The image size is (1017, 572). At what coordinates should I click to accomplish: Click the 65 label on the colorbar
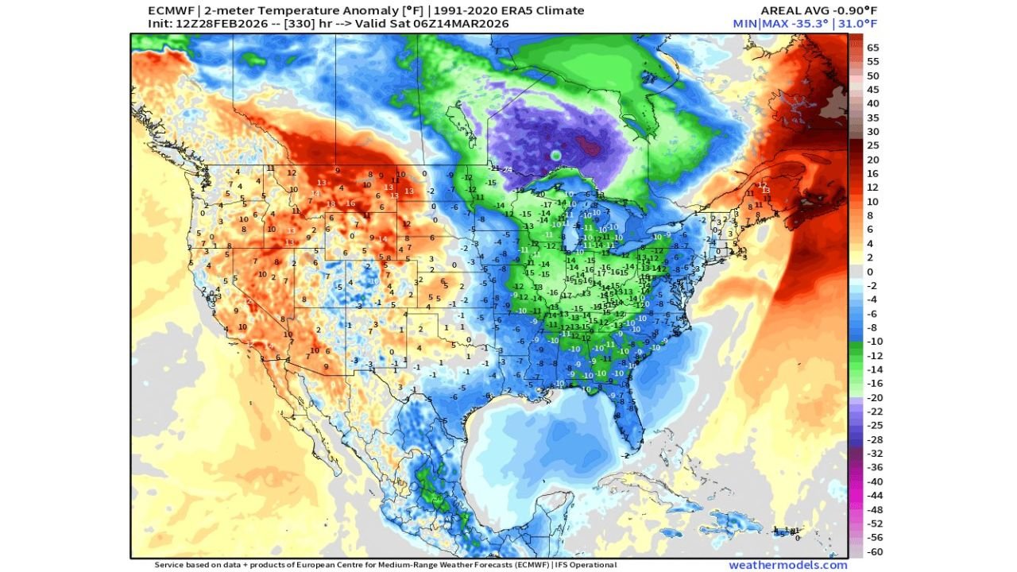click(x=873, y=47)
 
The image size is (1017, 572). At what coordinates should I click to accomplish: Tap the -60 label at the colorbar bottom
click(x=874, y=551)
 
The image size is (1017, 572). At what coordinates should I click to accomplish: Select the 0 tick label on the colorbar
click(x=871, y=271)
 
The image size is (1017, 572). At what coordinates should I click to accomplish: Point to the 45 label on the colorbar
click(x=873, y=89)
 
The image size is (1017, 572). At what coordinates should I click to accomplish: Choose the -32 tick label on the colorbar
click(x=874, y=453)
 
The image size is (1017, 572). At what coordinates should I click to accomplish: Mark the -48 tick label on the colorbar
click(x=874, y=509)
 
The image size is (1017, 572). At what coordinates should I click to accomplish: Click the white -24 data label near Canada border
click(x=506, y=169)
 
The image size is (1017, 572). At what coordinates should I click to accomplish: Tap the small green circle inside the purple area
click(x=556, y=154)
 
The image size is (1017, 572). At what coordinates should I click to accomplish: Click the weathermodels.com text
click(x=787, y=565)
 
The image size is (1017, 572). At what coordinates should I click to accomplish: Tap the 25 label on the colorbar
click(x=873, y=145)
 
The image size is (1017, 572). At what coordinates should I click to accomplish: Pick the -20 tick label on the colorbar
click(x=874, y=397)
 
